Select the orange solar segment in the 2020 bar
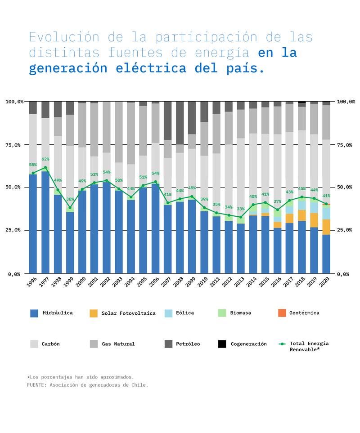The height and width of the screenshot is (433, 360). point(326,227)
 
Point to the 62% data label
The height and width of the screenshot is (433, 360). point(45,159)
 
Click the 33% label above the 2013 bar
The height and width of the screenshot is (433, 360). point(241,209)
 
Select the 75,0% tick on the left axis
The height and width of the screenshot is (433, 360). point(14,145)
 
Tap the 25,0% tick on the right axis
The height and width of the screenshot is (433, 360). point(346,230)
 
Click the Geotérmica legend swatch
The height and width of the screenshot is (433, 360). point(282,313)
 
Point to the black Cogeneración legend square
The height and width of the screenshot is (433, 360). point(222,344)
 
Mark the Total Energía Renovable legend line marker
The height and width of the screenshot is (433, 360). point(282,344)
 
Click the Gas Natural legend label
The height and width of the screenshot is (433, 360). point(118,344)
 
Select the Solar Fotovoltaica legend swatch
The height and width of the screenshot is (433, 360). point(94,313)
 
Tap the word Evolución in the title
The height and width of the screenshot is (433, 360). point(57,37)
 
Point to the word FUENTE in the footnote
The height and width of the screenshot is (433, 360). point(36,385)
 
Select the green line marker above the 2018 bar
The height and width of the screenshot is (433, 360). point(301,197)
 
